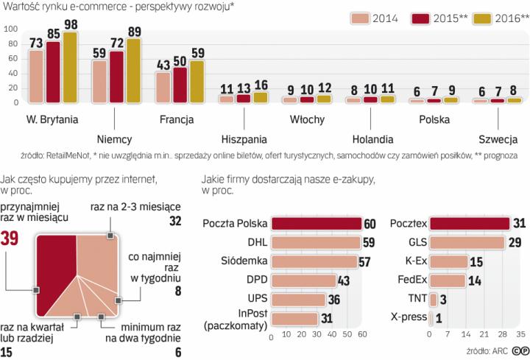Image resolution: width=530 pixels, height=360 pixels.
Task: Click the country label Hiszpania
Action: pos(244,138)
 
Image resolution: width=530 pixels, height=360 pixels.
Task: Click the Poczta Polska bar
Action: pos(316,223)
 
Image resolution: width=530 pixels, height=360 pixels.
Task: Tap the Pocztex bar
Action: pos(470,223)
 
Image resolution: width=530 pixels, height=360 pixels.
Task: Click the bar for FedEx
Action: pos(448,280)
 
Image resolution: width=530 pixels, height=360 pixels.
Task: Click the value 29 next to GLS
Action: pos(515,242)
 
